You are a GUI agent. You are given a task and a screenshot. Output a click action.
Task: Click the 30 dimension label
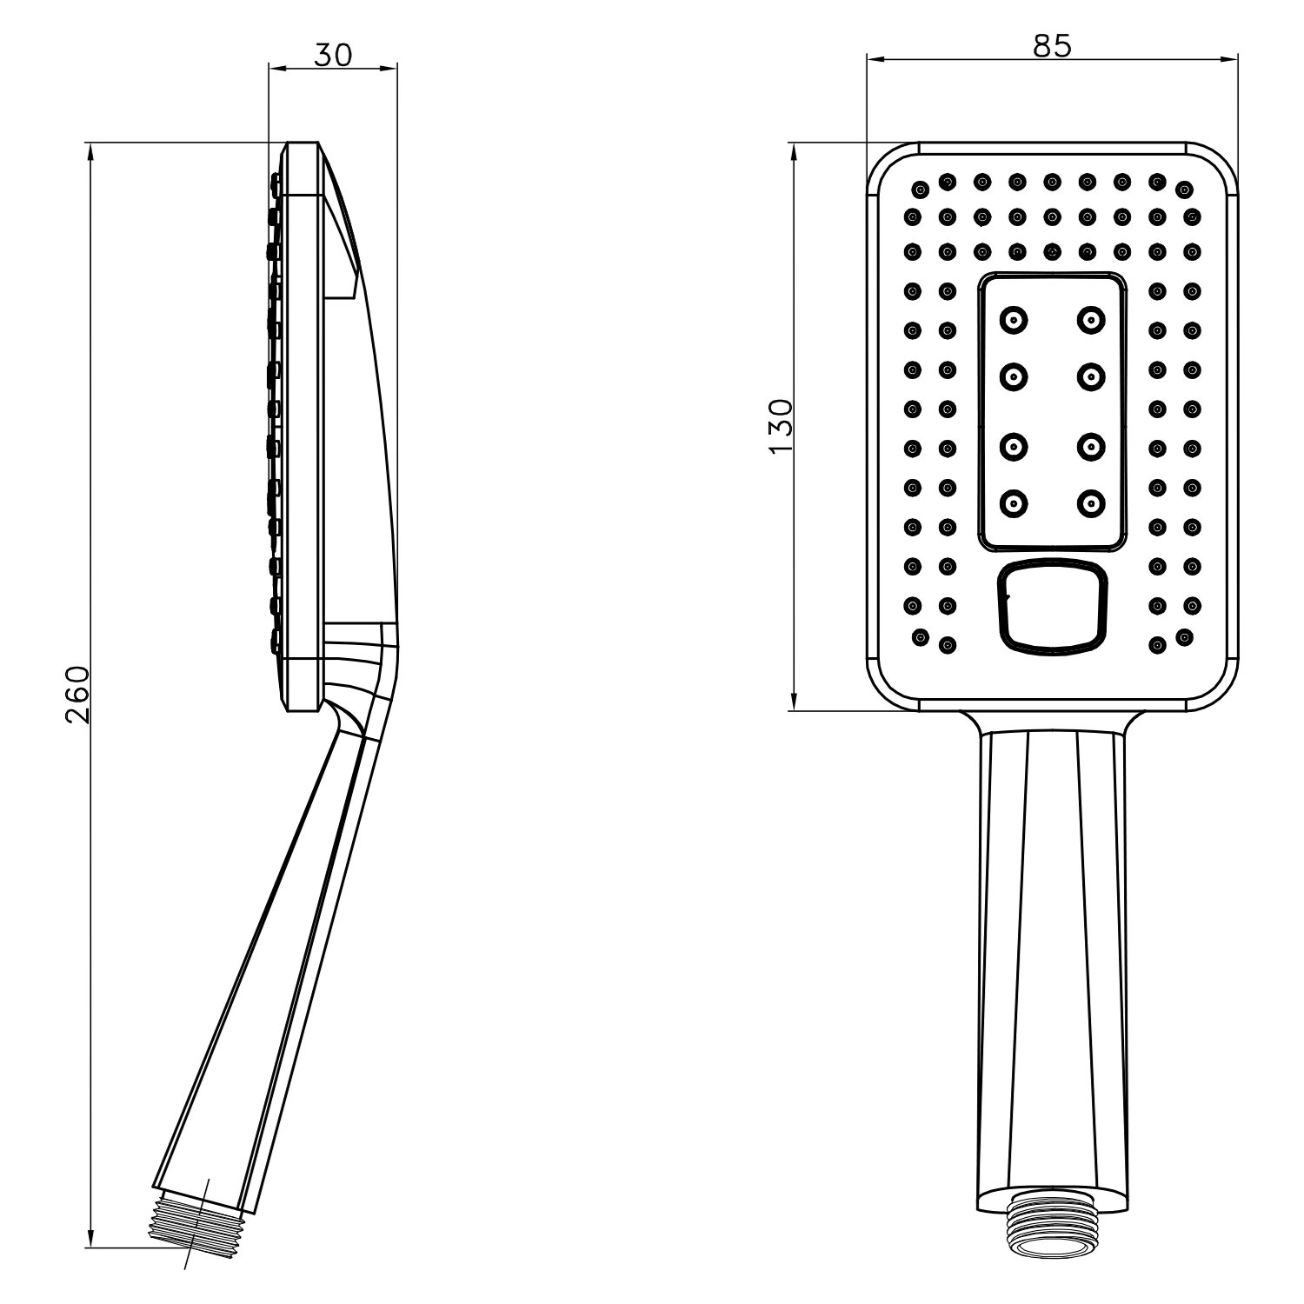click(x=333, y=54)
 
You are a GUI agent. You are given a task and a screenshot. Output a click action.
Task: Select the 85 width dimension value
click(x=1052, y=46)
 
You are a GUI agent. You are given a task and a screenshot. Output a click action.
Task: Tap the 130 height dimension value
click(x=781, y=425)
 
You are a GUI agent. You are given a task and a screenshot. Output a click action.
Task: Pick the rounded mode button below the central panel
click(x=1053, y=607)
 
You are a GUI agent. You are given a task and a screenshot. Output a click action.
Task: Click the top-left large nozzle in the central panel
click(x=1014, y=320)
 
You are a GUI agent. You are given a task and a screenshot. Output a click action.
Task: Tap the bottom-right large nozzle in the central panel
click(x=1090, y=502)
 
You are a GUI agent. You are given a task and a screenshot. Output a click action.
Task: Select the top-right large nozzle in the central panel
click(x=1090, y=320)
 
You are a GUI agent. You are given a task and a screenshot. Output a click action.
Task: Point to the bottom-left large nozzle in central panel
click(x=1014, y=502)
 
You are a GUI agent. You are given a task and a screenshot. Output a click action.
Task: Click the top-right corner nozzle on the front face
click(x=1184, y=189)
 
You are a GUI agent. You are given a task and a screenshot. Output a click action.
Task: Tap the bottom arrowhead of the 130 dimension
click(x=793, y=701)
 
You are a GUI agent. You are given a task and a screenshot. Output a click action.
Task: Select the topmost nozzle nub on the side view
click(x=275, y=182)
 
